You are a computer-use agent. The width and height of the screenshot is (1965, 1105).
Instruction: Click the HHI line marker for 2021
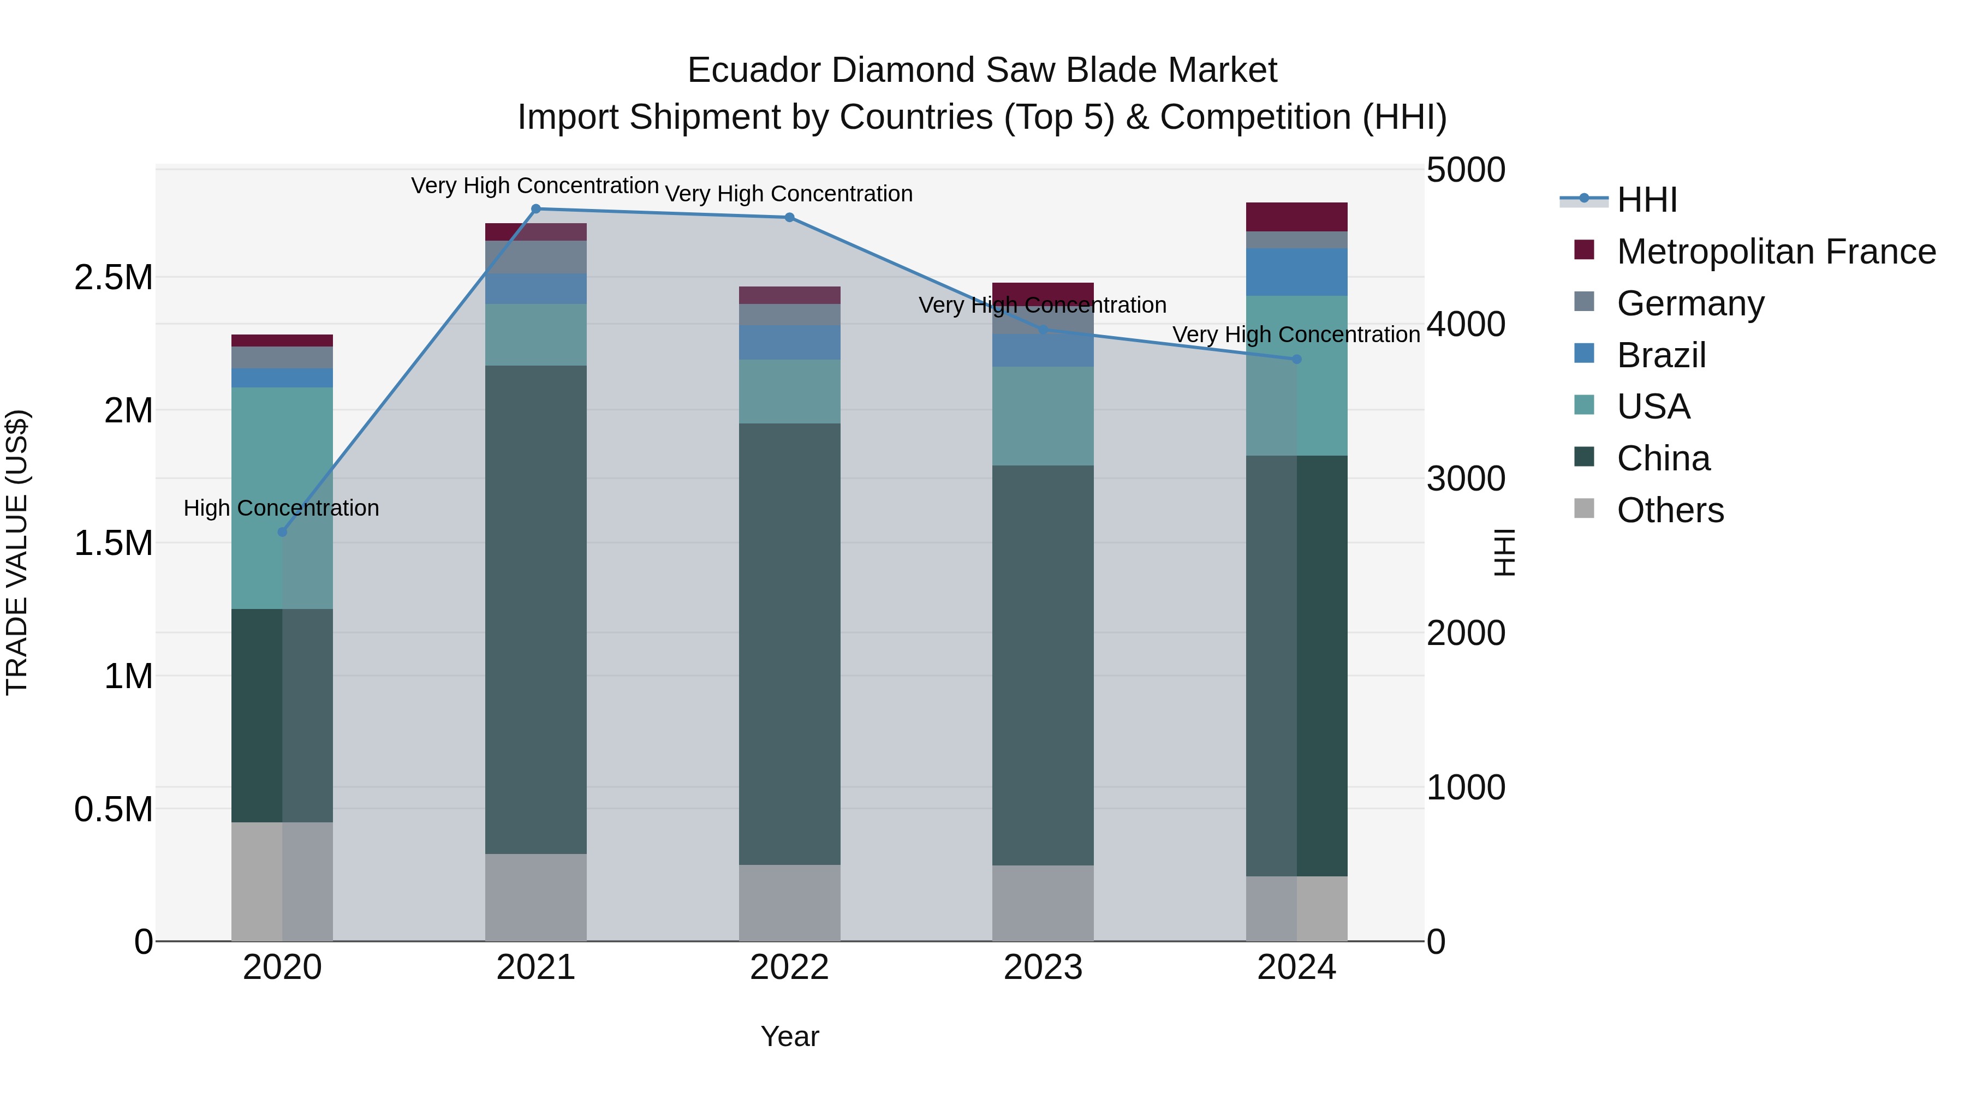coord(535,209)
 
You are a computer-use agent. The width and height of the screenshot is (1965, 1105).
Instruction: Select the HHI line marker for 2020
coord(282,531)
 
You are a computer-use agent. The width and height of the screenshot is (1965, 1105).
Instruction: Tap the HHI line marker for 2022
coord(789,217)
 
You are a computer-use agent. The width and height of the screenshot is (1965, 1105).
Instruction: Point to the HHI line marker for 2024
coord(1297,359)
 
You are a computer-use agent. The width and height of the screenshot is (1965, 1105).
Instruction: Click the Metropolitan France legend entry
coord(1776,252)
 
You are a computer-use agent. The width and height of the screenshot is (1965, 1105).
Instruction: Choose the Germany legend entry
coord(1690,303)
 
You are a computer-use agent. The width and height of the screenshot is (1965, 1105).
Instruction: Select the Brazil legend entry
coord(1662,355)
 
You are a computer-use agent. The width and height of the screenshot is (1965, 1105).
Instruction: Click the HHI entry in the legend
coord(1646,200)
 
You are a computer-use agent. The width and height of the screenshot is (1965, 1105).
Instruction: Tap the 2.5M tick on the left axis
coord(114,278)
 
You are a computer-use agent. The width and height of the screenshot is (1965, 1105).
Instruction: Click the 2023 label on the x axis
coord(1043,967)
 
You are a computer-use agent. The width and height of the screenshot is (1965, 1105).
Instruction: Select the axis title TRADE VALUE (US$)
coord(17,552)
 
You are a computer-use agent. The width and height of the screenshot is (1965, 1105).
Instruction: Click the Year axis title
coord(789,1036)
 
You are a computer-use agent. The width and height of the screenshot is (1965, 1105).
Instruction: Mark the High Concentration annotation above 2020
coord(282,508)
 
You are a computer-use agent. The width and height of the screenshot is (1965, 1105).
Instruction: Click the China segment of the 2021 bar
coord(535,610)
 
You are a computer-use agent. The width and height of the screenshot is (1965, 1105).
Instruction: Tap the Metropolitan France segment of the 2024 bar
coord(1297,217)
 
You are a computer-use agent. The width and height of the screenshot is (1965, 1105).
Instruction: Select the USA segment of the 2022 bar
coord(789,391)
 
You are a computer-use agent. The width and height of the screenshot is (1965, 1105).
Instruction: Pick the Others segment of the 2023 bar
coord(1043,903)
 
